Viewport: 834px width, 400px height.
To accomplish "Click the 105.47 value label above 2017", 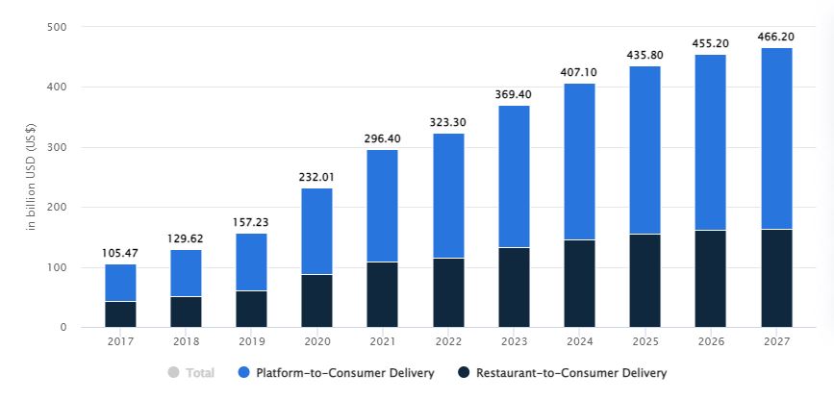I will tap(120, 253).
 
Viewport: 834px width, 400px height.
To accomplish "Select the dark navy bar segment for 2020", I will tap(317, 301).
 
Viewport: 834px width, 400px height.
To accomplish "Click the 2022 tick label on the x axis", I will tap(448, 341).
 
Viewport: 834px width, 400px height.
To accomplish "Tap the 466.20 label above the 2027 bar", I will tap(776, 36).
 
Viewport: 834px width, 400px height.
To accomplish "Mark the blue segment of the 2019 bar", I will tap(251, 262).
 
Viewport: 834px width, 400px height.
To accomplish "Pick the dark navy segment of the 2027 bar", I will tap(776, 278).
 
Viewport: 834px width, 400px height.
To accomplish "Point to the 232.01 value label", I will tap(317, 177).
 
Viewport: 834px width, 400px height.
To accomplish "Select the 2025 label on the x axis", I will tap(644, 341).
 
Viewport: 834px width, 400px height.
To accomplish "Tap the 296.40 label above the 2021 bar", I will tap(383, 138).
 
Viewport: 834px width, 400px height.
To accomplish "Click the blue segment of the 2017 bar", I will tap(120, 283).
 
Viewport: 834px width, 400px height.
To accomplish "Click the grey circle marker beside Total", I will tap(173, 373).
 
